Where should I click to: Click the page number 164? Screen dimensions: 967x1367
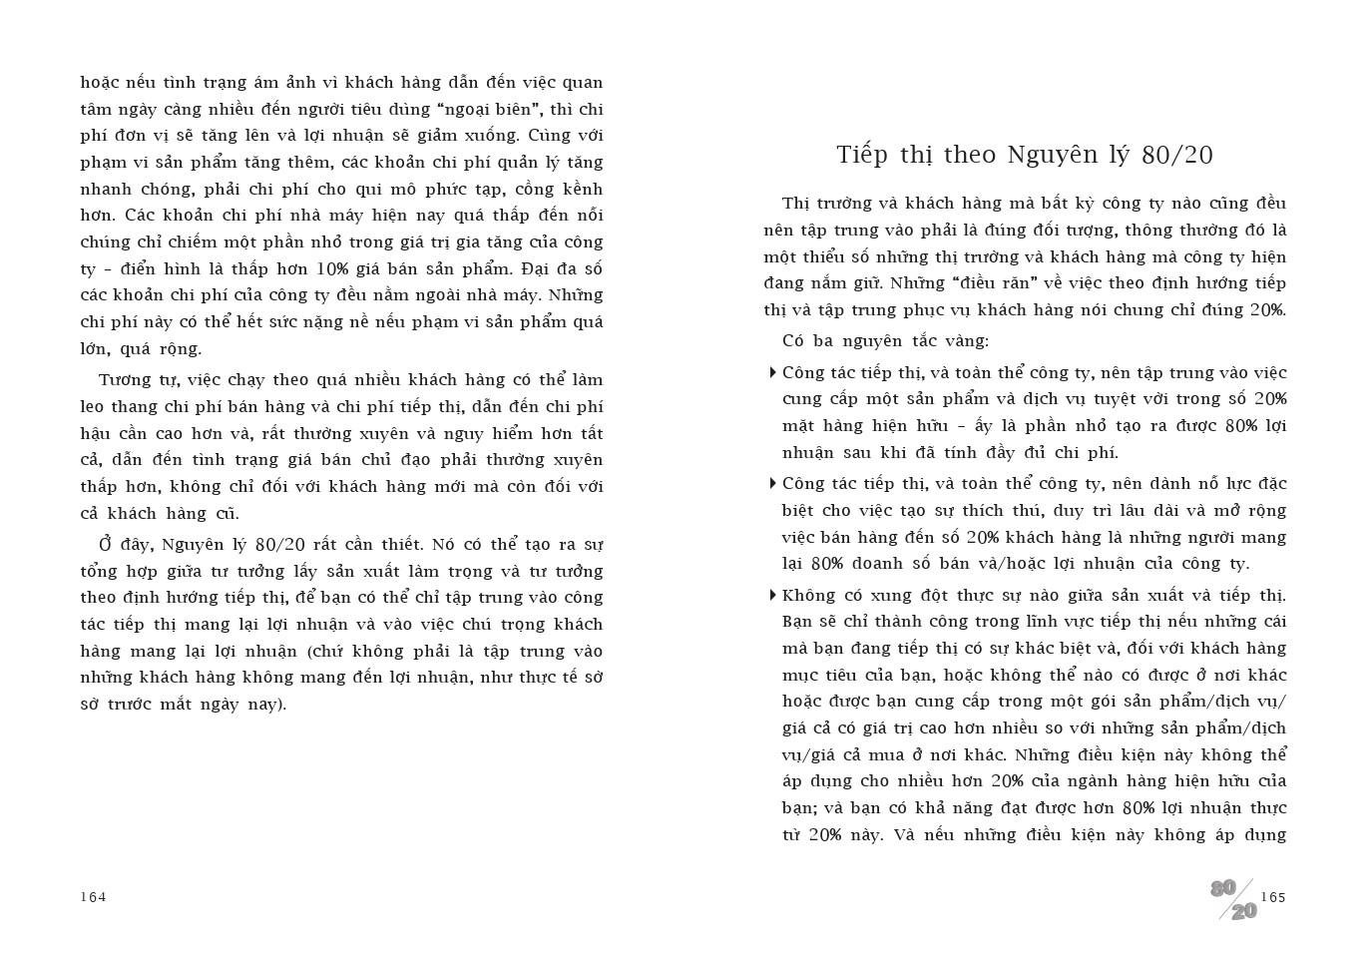93,896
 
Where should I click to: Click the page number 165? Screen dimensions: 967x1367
1273,897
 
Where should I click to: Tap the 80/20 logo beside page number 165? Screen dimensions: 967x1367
1234,899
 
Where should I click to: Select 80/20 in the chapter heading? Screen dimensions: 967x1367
1177,155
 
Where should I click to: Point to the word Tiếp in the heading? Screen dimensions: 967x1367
861,155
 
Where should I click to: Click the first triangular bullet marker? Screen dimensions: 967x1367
773,373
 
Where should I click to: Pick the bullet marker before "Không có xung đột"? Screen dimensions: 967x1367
773,596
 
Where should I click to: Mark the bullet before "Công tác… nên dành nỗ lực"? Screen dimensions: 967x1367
773,484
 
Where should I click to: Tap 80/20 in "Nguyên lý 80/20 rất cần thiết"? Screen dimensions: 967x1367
280,545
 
